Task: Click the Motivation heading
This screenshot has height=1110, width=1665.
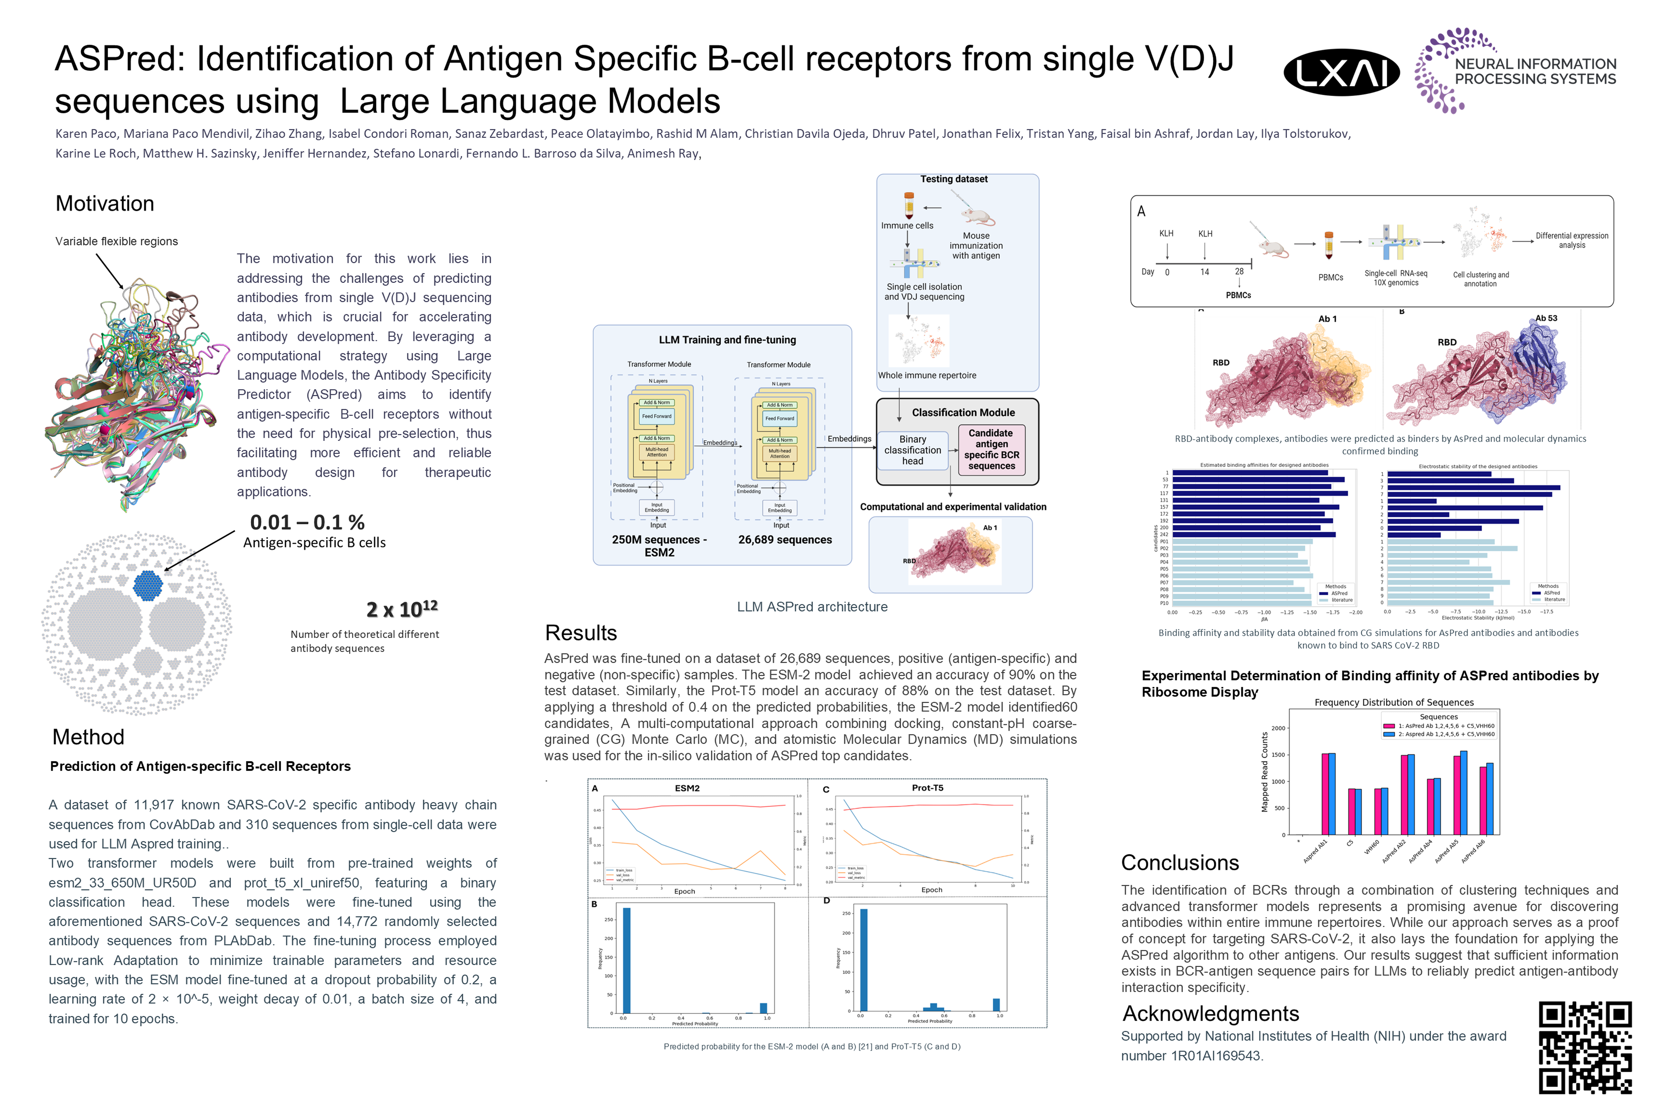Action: (105, 204)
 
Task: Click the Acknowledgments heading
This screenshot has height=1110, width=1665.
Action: (1211, 1014)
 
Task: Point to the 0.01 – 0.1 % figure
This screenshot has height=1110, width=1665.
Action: (307, 523)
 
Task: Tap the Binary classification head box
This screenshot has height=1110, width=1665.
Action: (913, 450)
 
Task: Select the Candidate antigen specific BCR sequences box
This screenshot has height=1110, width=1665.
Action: (991, 449)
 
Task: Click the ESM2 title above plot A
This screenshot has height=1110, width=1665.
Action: (687, 788)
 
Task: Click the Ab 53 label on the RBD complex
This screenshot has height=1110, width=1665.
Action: (1546, 319)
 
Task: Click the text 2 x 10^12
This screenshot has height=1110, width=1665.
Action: (401, 609)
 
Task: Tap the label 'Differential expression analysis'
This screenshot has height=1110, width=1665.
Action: (1572, 240)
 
